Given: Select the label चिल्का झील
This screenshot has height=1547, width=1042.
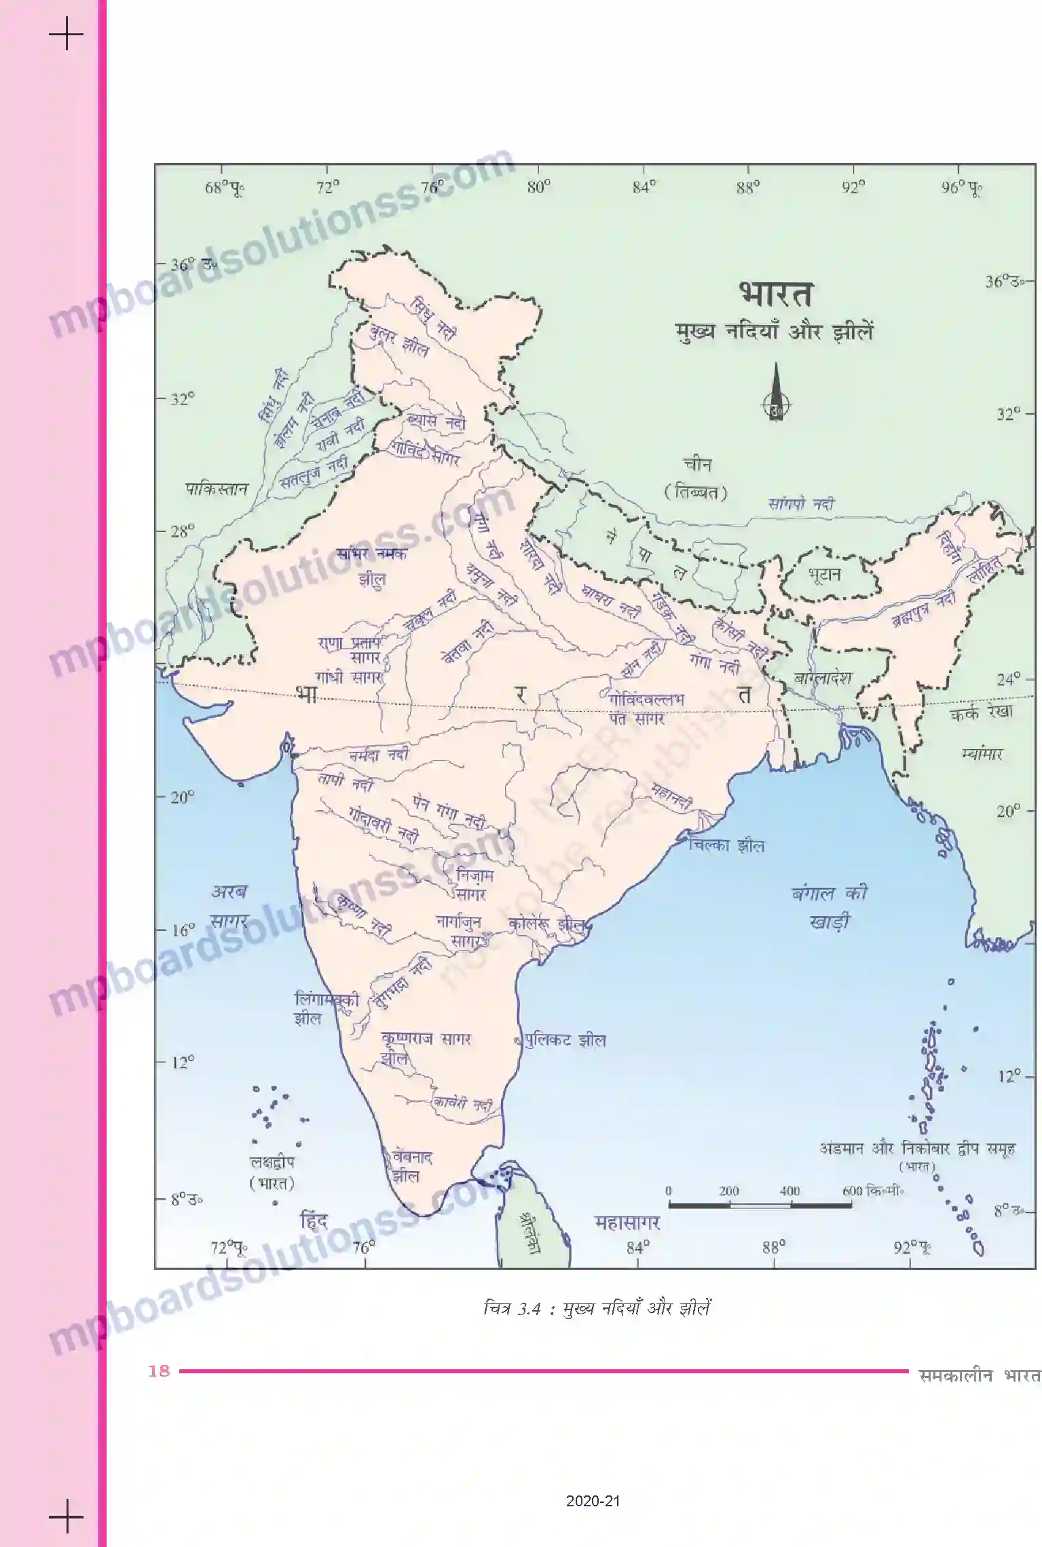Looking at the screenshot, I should point(726,845).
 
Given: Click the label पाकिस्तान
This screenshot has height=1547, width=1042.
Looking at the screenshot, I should point(217,489).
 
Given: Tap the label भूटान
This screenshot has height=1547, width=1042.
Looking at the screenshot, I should point(824,575).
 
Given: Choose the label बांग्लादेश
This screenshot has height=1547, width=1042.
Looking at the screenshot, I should point(822,678).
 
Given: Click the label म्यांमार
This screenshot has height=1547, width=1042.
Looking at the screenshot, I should point(982,753).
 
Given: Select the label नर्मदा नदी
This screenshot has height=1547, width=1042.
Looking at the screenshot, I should point(379,755).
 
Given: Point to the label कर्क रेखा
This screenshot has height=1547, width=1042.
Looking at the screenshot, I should point(981,712).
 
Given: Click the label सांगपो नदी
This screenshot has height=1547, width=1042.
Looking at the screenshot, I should point(801,504).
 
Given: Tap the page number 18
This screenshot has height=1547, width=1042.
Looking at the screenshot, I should point(159,1371).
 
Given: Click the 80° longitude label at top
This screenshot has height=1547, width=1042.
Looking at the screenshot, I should point(538,187).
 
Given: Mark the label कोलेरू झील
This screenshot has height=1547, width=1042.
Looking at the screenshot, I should point(546,924).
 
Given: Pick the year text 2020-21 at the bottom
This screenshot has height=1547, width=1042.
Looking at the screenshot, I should point(593,1502).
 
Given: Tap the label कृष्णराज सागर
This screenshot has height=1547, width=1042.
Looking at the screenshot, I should point(426,1038).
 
